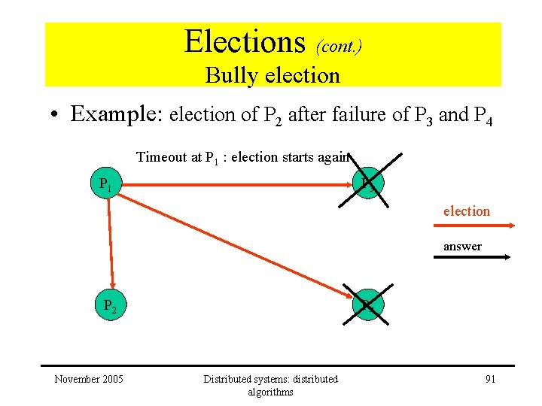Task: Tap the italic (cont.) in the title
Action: (x=338, y=47)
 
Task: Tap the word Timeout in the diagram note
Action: (x=161, y=157)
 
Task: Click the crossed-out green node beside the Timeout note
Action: (x=368, y=181)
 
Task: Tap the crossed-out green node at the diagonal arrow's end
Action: (x=367, y=306)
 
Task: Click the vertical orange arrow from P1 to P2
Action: (x=111, y=241)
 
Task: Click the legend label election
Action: (x=466, y=211)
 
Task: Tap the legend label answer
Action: (x=462, y=247)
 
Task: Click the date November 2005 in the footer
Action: (x=89, y=379)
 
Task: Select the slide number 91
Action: (x=489, y=379)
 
